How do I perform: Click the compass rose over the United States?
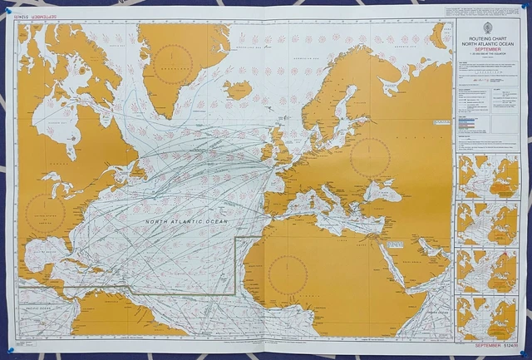tap(46, 215)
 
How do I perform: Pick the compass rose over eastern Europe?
tap(371, 156)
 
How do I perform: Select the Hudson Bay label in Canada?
tap(62, 124)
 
